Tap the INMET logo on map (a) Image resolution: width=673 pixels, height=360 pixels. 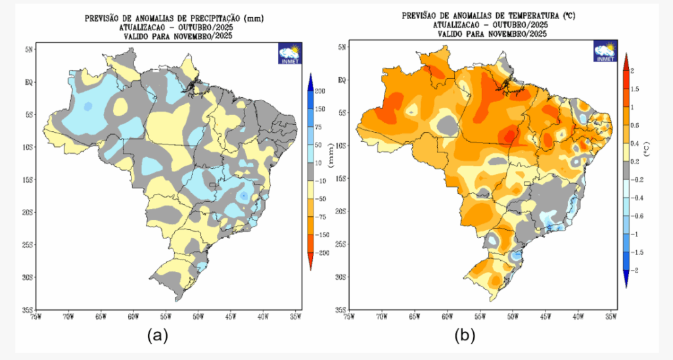click(289, 53)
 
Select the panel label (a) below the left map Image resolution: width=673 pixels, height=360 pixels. click(158, 336)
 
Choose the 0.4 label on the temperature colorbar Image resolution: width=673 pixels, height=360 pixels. click(635, 143)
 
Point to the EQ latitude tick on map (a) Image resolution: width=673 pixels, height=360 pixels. click(30, 82)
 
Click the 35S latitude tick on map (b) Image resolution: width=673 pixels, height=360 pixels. click(341, 309)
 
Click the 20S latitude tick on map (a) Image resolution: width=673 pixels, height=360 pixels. click(28, 212)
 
